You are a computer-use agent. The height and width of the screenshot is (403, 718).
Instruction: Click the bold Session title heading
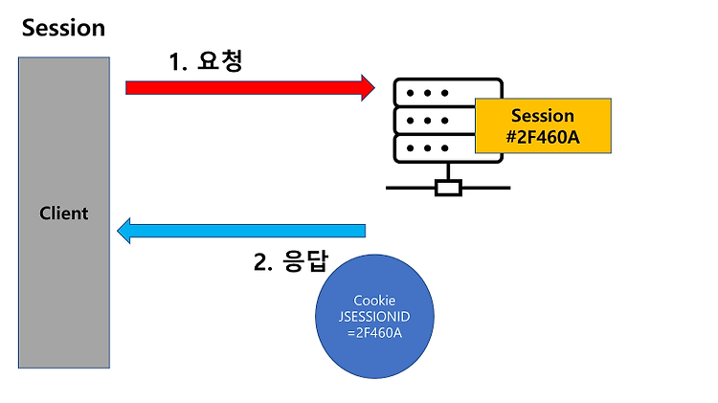[x=63, y=27]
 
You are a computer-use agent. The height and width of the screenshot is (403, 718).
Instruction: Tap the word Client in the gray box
[x=64, y=213]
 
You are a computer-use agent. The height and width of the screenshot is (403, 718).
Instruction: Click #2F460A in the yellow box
[x=543, y=136]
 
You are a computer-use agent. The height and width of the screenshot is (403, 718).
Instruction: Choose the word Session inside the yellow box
[x=543, y=116]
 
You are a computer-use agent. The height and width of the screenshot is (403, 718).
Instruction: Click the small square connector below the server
[x=448, y=187]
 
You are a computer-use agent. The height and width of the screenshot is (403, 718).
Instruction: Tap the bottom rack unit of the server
[x=436, y=149]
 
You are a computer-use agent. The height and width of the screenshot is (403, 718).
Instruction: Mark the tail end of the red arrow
[x=128, y=87]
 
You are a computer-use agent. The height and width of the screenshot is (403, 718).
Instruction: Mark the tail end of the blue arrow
[x=364, y=231]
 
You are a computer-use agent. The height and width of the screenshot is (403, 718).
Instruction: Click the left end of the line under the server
[x=389, y=187]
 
